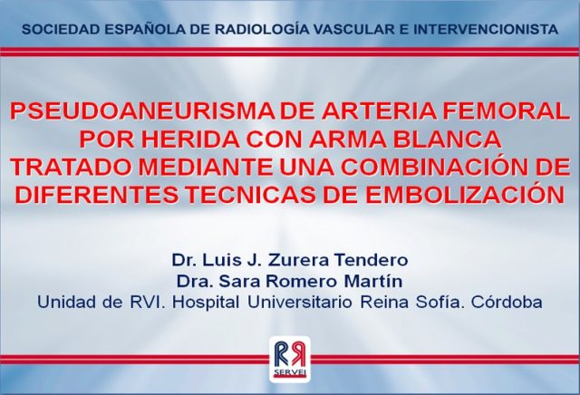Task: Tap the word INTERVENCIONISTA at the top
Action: click(486, 30)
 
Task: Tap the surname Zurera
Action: click(298, 260)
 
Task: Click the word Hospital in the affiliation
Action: click(206, 303)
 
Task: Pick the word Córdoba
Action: click(507, 303)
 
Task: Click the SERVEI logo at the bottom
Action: click(290, 360)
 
